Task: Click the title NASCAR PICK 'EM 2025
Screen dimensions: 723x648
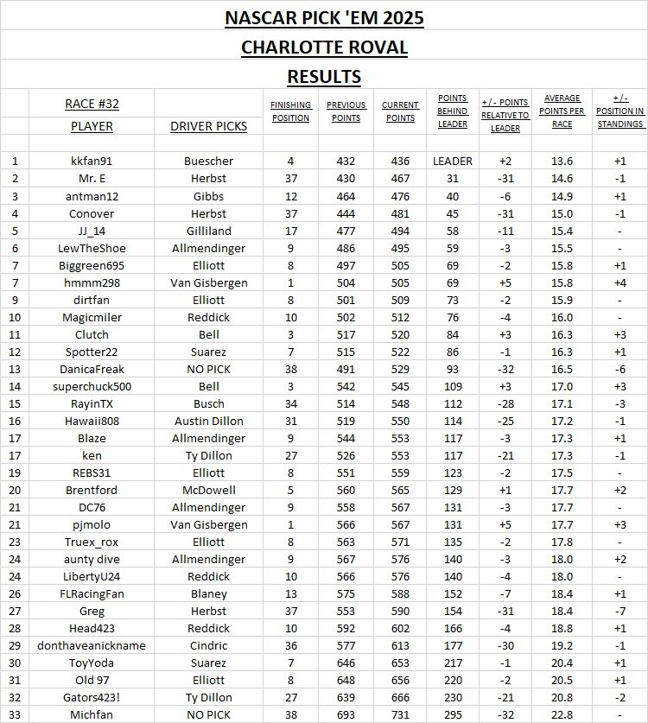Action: pos(324,17)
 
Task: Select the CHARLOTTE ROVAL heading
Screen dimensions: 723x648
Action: pos(324,47)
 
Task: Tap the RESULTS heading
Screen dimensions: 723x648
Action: pos(324,76)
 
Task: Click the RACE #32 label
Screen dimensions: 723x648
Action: pos(92,104)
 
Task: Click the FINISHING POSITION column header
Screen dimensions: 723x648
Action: pos(290,111)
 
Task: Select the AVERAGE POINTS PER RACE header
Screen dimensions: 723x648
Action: pos(562,111)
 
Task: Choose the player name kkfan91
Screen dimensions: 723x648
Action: pos(92,161)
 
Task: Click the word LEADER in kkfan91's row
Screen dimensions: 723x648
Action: pos(453,161)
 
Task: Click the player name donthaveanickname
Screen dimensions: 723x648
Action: pos(92,645)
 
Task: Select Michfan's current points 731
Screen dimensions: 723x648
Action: pos(400,714)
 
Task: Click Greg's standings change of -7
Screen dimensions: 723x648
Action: pos(619,611)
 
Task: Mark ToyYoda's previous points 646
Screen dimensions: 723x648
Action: pos(346,663)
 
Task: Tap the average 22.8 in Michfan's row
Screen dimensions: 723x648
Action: pos(562,714)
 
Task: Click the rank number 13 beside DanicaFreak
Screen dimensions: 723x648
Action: pos(15,370)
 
